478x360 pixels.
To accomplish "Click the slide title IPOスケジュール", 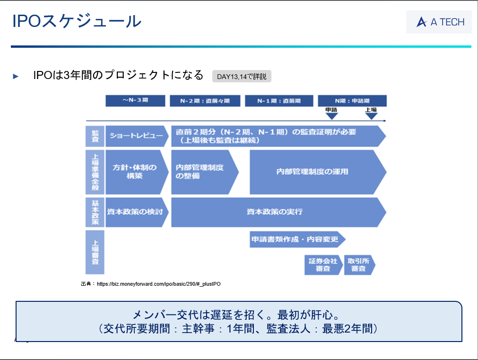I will point(77,21).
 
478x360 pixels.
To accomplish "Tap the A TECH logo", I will point(439,22).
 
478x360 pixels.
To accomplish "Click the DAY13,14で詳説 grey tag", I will point(242,76).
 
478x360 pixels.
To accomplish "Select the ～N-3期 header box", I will point(135,101).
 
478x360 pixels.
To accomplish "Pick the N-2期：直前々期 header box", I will point(205,101).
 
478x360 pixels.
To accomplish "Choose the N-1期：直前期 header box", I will point(279,101).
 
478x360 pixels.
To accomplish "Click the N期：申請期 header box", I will point(352,101).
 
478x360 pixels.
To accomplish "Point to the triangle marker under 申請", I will point(331,115).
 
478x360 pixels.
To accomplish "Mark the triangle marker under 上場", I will point(371,115).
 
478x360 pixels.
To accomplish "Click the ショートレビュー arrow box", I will point(136,136).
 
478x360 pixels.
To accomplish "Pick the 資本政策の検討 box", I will point(136,212).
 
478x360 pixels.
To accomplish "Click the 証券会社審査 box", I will point(323,265).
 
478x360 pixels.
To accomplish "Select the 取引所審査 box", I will point(358,265).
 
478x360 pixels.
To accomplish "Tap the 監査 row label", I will point(95,136).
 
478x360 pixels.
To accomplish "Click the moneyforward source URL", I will point(158,284).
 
